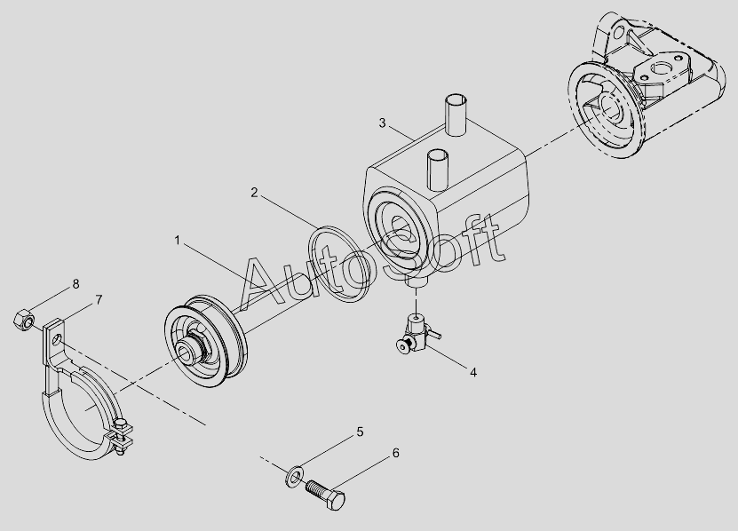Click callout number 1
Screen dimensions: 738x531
pos(178,241)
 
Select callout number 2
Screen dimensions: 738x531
pos(254,193)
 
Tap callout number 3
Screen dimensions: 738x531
pos(382,123)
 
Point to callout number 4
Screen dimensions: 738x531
pos(473,372)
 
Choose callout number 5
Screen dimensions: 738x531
pos(360,432)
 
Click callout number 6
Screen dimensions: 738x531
pos(395,453)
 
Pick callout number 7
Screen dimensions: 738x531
pos(99,300)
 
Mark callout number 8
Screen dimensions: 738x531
pos(75,284)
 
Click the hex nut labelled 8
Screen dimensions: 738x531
pos(23,320)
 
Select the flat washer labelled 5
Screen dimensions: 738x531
pos(294,477)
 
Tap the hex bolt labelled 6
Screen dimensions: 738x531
pos(325,495)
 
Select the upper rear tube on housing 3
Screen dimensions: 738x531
pos(456,115)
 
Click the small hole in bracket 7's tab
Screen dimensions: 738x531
pos(58,339)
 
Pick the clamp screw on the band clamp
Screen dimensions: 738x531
pos(122,436)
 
